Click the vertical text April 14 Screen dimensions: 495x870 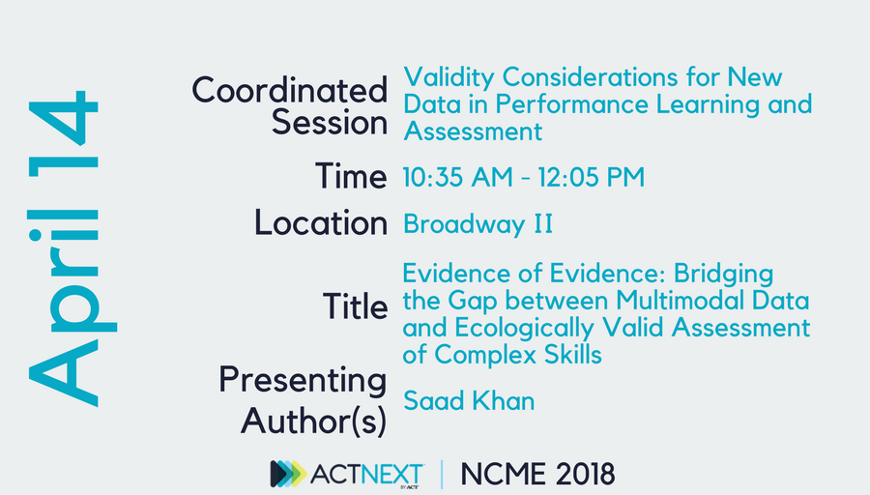64,247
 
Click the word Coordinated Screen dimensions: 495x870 289,91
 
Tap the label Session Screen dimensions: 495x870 329,124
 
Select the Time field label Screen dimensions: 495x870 350,176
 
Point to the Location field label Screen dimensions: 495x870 320,223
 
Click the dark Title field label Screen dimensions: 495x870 355,307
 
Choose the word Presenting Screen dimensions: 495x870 302,379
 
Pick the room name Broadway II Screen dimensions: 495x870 478,224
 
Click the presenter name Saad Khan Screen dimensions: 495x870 468,399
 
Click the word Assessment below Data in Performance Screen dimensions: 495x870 473,130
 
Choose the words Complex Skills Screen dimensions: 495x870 518,355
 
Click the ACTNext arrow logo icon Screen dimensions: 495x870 287,474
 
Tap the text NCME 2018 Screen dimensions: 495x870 536,474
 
